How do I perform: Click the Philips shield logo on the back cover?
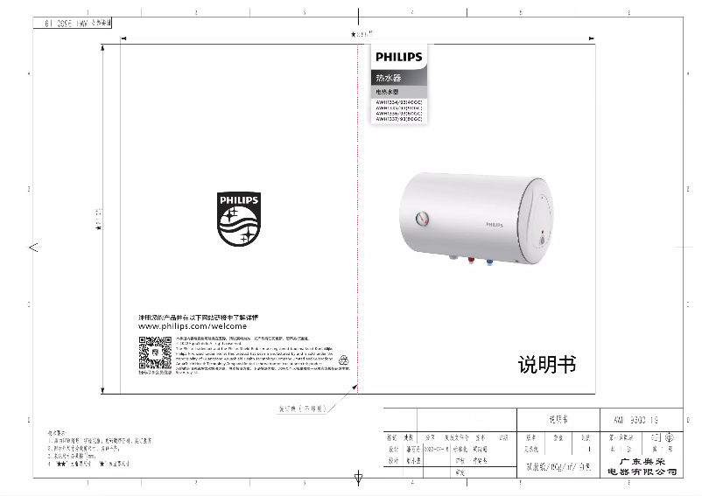click(x=238, y=221)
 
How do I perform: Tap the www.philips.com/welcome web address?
click(x=186, y=325)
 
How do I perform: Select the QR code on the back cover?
click(x=154, y=353)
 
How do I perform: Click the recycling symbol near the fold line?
click(x=345, y=359)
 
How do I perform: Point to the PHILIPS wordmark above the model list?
click(x=398, y=58)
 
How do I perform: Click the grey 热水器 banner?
click(x=398, y=79)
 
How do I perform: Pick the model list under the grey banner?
click(x=398, y=112)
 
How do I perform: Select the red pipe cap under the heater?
click(x=470, y=261)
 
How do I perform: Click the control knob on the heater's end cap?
click(x=544, y=238)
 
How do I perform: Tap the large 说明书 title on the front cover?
click(x=546, y=365)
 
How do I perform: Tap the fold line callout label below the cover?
click(x=301, y=408)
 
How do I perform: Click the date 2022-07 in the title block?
click(x=435, y=448)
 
